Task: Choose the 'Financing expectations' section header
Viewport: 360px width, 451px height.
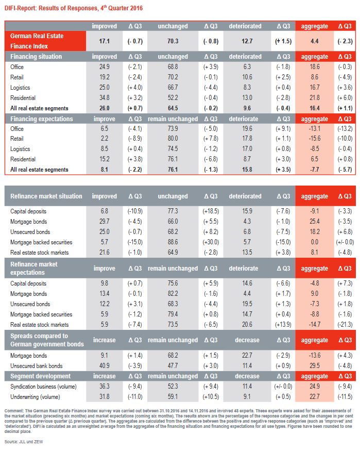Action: point(39,119)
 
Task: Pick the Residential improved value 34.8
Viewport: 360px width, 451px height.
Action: point(104,98)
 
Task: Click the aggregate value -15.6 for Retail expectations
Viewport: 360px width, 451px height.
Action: point(314,139)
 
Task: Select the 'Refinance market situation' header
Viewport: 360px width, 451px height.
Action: point(46,196)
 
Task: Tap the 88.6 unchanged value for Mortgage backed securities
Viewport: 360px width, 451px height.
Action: point(173,242)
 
